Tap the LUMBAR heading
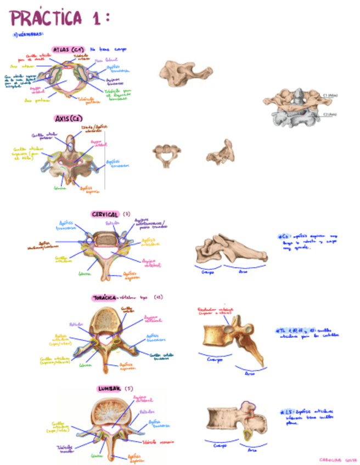click(x=110, y=389)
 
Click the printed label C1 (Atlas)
click(x=332, y=95)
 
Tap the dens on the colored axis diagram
click(x=71, y=141)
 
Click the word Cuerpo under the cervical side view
click(x=207, y=272)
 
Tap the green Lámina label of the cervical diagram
click(x=85, y=273)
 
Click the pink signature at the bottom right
click(x=336, y=460)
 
